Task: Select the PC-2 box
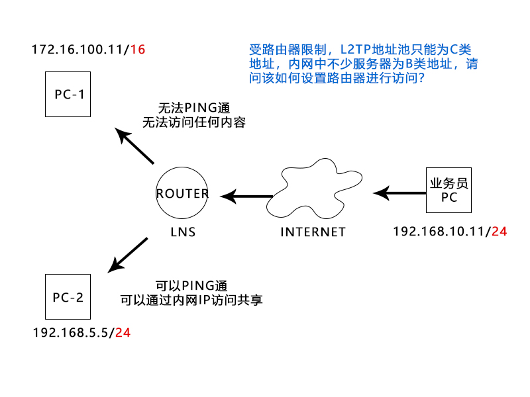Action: click(68, 296)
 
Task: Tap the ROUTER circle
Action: click(182, 194)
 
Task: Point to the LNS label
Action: click(183, 232)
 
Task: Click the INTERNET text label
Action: click(313, 232)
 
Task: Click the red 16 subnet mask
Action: click(138, 50)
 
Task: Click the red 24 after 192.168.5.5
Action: click(123, 332)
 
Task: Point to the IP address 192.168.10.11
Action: click(440, 232)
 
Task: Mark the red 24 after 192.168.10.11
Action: click(499, 232)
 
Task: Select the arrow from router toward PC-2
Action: click(128, 255)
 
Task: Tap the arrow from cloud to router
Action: click(246, 196)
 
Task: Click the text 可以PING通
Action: click(191, 286)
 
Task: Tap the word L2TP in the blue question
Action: click(356, 50)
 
